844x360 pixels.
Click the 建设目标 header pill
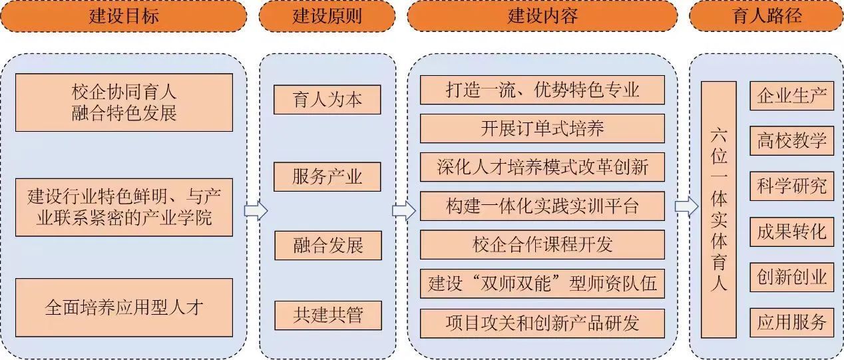[124, 16]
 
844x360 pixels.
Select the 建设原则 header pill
[327, 16]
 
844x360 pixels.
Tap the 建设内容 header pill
[542, 16]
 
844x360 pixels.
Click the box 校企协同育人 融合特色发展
[124, 102]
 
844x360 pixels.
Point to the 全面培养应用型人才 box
[124, 307]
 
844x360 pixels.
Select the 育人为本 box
[327, 100]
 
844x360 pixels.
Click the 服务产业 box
[327, 177]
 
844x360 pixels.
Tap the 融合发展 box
[327, 246]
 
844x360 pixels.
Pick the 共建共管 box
[327, 314]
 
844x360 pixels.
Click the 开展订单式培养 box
[542, 128]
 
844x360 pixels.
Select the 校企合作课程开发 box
[542, 245]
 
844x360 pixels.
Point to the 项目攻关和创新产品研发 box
[542, 323]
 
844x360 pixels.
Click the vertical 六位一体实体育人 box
[718, 210]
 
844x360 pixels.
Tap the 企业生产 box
[791, 96]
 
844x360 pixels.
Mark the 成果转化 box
[791, 232]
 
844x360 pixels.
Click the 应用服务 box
[791, 322]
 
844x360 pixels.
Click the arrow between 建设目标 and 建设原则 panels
[255, 211]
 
